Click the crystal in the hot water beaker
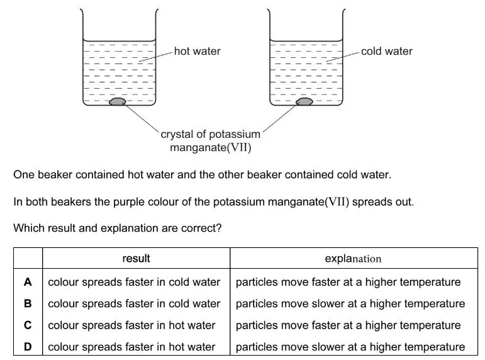click(118, 101)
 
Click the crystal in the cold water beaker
click(304, 101)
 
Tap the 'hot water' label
click(198, 51)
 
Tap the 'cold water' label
click(387, 51)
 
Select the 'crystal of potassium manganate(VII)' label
click(211, 141)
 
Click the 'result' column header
click(136, 259)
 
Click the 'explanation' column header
click(353, 259)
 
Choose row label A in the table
click(28, 282)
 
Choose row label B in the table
click(28, 303)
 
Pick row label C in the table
click(28, 325)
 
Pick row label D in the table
click(28, 347)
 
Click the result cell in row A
click(134, 283)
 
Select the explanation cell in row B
click(350, 303)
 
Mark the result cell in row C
click(131, 325)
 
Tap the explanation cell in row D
click(350, 347)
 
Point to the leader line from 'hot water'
click(155, 57)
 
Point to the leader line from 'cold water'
click(343, 57)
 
